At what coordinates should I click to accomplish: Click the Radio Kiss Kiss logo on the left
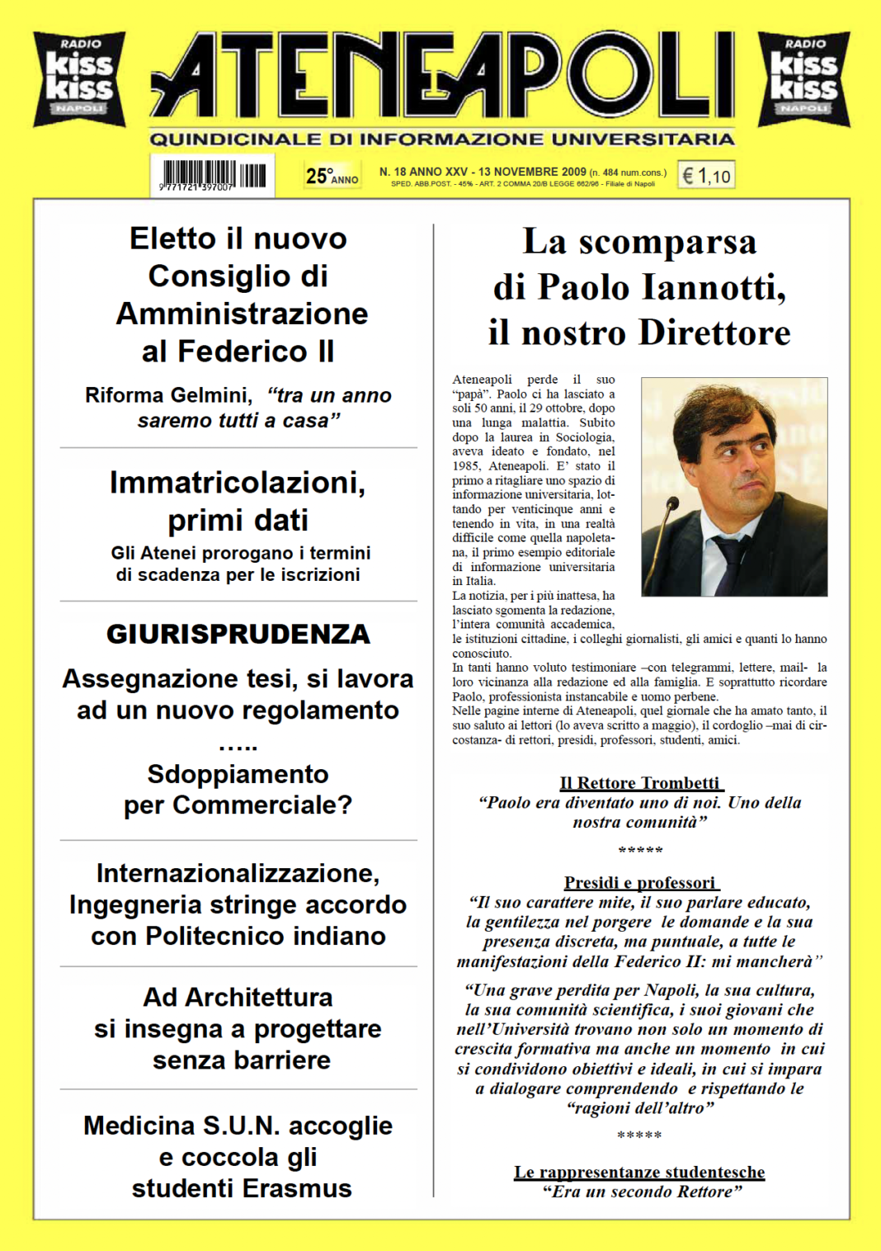[79, 78]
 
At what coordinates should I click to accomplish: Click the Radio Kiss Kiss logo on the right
[803, 78]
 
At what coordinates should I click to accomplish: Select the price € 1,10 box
[706, 175]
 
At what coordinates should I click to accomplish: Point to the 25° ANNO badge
[332, 176]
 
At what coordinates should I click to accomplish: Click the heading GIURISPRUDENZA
[238, 634]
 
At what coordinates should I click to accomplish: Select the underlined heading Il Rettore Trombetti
[640, 782]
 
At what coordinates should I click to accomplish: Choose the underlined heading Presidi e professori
[640, 882]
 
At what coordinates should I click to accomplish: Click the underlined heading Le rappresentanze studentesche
[639, 1172]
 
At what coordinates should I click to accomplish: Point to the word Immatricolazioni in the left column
[238, 483]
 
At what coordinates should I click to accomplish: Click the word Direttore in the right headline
[714, 333]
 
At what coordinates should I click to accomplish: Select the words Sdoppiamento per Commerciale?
[238, 789]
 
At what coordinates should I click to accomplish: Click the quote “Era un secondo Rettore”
[642, 1192]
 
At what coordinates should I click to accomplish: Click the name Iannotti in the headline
[714, 287]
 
